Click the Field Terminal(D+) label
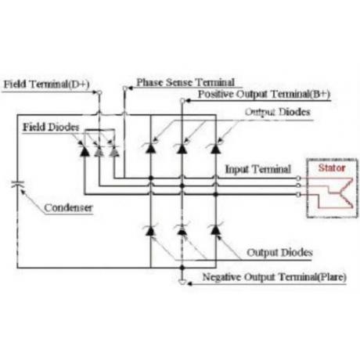click(46, 85)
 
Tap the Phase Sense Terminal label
click(185, 82)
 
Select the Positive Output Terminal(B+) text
click(264, 94)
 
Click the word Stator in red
click(332, 167)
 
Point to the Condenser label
click(68, 208)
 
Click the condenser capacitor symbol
click(18, 184)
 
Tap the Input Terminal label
click(258, 169)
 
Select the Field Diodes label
click(51, 127)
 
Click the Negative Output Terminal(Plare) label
click(275, 277)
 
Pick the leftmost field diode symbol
click(85, 150)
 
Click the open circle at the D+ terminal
click(99, 92)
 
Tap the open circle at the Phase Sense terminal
click(125, 88)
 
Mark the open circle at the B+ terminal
click(182, 101)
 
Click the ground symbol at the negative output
click(182, 282)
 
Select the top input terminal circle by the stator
click(298, 178)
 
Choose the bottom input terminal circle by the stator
click(298, 194)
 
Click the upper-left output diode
click(150, 148)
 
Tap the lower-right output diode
click(215, 229)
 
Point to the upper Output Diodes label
click(278, 112)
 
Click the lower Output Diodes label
click(279, 253)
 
